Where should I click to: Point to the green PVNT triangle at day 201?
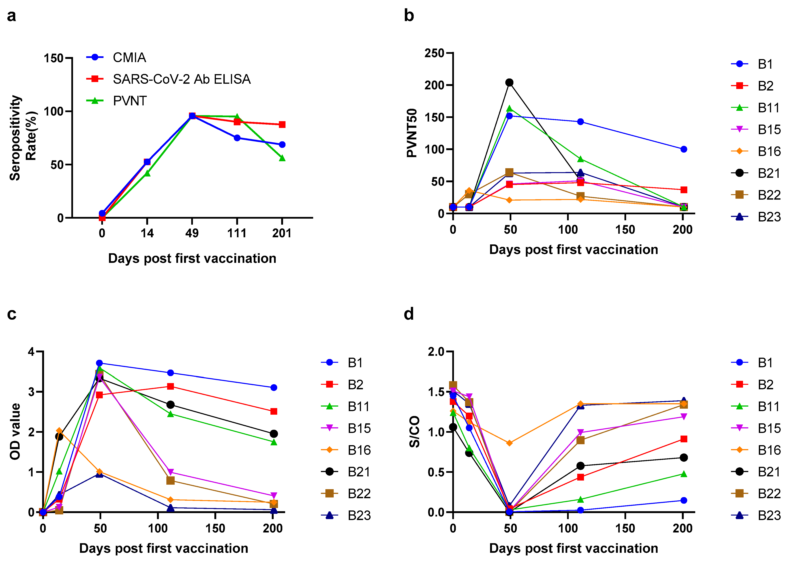[x=282, y=158]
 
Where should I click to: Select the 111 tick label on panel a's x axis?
[x=237, y=233]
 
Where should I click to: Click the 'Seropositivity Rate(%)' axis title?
[x=23, y=138]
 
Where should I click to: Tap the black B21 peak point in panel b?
[x=509, y=82]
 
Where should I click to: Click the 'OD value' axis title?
[x=15, y=432]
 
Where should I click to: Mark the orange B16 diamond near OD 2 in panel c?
[x=59, y=431]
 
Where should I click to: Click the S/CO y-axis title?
[x=414, y=432]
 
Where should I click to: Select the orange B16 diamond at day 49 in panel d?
[x=509, y=443]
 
